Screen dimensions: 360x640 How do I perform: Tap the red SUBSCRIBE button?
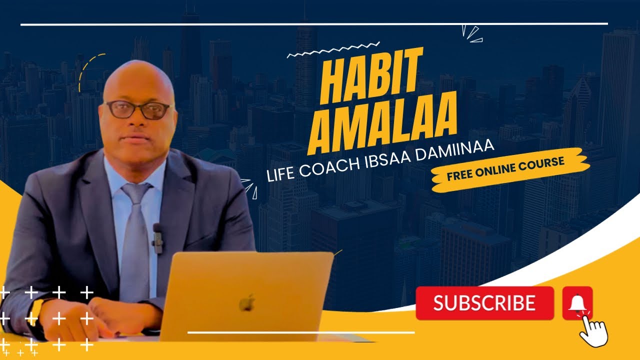tap(484, 303)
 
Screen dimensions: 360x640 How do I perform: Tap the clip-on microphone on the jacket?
tap(158, 237)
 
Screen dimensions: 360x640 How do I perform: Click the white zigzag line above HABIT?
tap(333, 50)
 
